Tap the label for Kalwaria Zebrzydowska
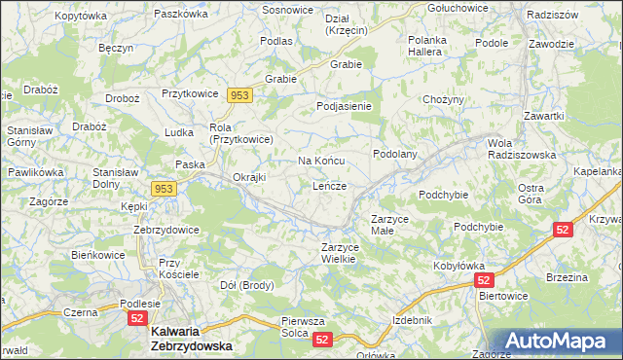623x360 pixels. pos(192,339)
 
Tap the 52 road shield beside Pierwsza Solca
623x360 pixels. pos(323,339)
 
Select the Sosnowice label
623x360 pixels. pos(288,9)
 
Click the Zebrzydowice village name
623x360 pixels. pos(166,230)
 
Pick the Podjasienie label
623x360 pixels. pos(345,106)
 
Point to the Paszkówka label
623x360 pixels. pos(181,16)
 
